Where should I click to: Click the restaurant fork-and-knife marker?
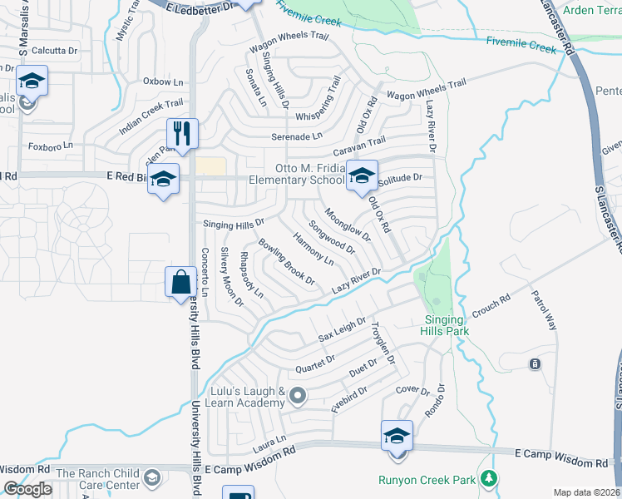click(181, 133)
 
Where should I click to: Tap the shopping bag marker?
click(180, 282)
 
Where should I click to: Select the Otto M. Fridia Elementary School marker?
click(362, 176)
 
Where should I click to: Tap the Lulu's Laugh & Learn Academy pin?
click(297, 394)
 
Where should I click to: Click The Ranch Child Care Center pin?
click(151, 477)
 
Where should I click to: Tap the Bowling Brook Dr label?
click(286, 262)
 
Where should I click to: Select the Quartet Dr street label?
click(314, 363)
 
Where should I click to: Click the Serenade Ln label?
click(296, 136)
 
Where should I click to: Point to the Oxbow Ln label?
click(163, 82)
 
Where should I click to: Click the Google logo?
click(27, 489)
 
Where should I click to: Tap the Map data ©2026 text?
click(586, 492)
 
